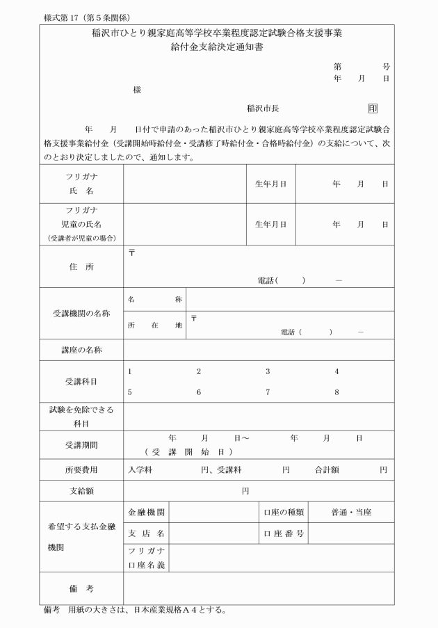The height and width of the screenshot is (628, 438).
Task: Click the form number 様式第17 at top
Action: tap(66, 17)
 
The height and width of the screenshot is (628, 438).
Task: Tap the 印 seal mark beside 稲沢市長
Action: tap(373, 108)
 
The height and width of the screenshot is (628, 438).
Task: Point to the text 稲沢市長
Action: tap(263, 108)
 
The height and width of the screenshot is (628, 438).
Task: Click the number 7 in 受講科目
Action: tap(268, 392)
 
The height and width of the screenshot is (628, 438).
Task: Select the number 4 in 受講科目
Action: tap(337, 371)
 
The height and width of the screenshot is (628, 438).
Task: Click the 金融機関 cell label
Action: tap(146, 512)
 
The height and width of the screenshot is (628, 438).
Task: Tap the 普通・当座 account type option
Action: tap(351, 512)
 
